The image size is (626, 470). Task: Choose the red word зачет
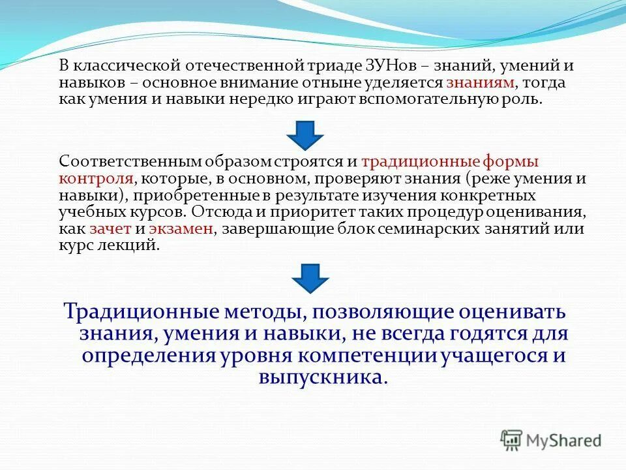pos(112,229)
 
